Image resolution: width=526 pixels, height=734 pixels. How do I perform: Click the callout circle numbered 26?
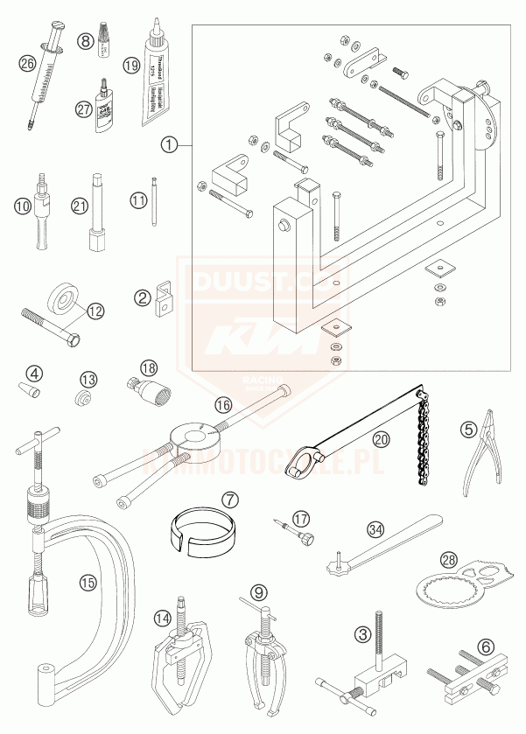coord(27,62)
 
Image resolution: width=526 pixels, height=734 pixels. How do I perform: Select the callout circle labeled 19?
coord(132,65)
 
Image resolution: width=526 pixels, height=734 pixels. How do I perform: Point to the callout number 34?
coord(375,528)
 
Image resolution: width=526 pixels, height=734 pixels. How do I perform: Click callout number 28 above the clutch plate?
coord(448,559)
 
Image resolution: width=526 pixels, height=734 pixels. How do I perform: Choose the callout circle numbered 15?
coord(86,580)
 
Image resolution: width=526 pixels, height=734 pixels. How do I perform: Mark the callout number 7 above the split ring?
coord(229,500)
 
